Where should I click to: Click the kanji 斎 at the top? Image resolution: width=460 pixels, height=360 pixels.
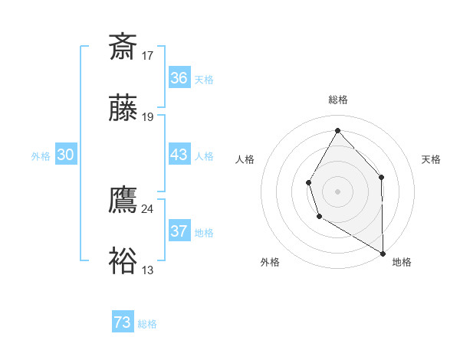123,47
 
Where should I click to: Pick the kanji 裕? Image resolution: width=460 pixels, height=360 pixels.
123,261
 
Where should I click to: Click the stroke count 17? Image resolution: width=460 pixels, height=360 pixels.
148,55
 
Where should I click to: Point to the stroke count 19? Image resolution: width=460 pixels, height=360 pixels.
148,117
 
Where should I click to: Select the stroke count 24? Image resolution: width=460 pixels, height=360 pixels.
148,208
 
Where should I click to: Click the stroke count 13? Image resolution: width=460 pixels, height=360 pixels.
148,270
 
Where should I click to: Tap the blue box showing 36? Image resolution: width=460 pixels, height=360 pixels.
179,78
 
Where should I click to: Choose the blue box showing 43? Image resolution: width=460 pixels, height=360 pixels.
179,155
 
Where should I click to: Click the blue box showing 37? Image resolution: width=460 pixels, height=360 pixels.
179,231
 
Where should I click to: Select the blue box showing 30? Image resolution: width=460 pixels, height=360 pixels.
65,155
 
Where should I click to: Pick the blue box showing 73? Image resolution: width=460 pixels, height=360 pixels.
123,322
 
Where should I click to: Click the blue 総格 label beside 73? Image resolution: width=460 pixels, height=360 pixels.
147,324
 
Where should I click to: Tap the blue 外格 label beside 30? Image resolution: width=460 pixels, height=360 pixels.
41,156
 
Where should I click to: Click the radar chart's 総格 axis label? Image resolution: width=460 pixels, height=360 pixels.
338,100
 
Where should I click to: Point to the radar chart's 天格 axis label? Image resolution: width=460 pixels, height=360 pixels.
431,159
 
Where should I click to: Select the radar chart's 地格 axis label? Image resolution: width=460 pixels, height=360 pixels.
402,262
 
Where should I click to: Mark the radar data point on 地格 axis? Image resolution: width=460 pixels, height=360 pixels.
383,253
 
